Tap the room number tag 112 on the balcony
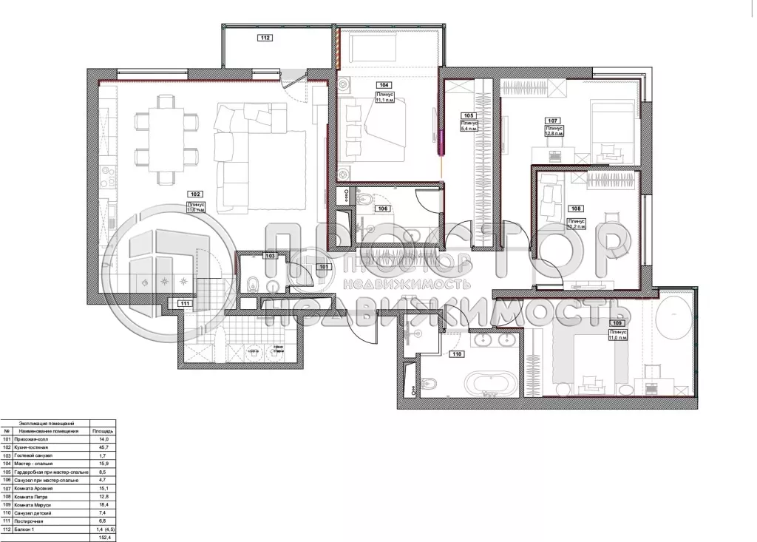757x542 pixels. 265,38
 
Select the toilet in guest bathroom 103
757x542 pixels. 252,282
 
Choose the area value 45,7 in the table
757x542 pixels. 101,448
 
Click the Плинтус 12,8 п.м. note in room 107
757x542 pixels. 554,132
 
